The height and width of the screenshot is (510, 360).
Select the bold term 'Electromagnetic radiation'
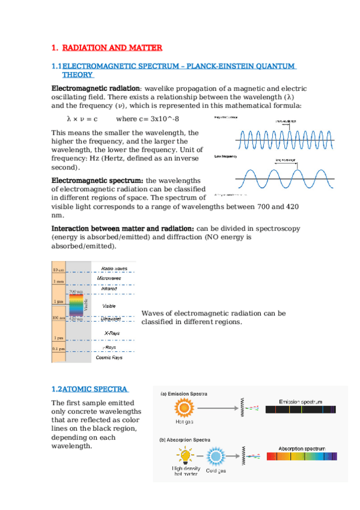pyautogui.click(x=96, y=88)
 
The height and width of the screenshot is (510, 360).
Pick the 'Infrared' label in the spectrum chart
pyautogui.click(x=109, y=289)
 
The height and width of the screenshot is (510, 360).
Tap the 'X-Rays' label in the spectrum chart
pyautogui.click(x=109, y=331)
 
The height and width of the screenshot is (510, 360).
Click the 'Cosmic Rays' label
pyautogui.click(x=109, y=357)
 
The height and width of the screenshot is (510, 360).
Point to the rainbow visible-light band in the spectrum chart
pyautogui.click(x=76, y=306)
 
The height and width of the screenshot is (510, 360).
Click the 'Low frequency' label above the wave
pyautogui.click(x=225, y=156)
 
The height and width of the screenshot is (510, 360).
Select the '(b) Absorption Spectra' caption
pyautogui.click(x=185, y=440)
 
